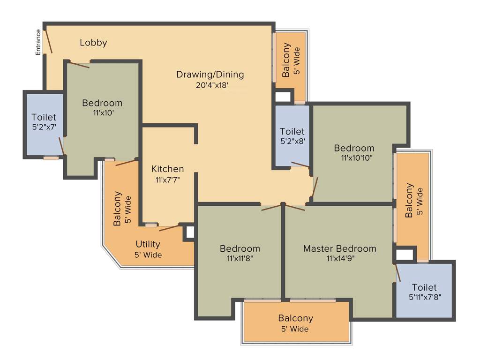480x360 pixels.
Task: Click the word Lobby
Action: click(x=93, y=43)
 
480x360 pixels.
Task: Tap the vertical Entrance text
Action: click(x=38, y=42)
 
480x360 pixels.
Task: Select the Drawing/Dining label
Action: click(x=210, y=74)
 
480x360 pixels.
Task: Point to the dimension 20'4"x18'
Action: click(x=212, y=85)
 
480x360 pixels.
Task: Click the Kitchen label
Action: click(x=167, y=169)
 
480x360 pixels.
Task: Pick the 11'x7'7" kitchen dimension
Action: click(x=167, y=180)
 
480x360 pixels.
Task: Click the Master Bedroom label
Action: click(x=339, y=248)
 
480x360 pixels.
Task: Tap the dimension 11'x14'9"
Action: click(x=340, y=258)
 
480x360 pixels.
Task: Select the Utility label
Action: click(x=148, y=244)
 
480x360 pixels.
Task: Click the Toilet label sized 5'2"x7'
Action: click(x=44, y=117)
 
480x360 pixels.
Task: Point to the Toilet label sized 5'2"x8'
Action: click(x=292, y=132)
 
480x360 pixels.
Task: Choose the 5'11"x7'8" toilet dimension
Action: click(x=425, y=297)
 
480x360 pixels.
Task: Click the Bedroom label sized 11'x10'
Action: click(x=102, y=103)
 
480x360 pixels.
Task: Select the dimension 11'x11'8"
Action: click(x=240, y=258)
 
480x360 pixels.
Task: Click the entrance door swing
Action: click(x=48, y=42)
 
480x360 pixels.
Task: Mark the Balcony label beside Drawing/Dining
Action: click(x=286, y=60)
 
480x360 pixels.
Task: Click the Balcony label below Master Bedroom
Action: click(x=295, y=318)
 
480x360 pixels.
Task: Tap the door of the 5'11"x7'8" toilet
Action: click(x=398, y=272)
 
